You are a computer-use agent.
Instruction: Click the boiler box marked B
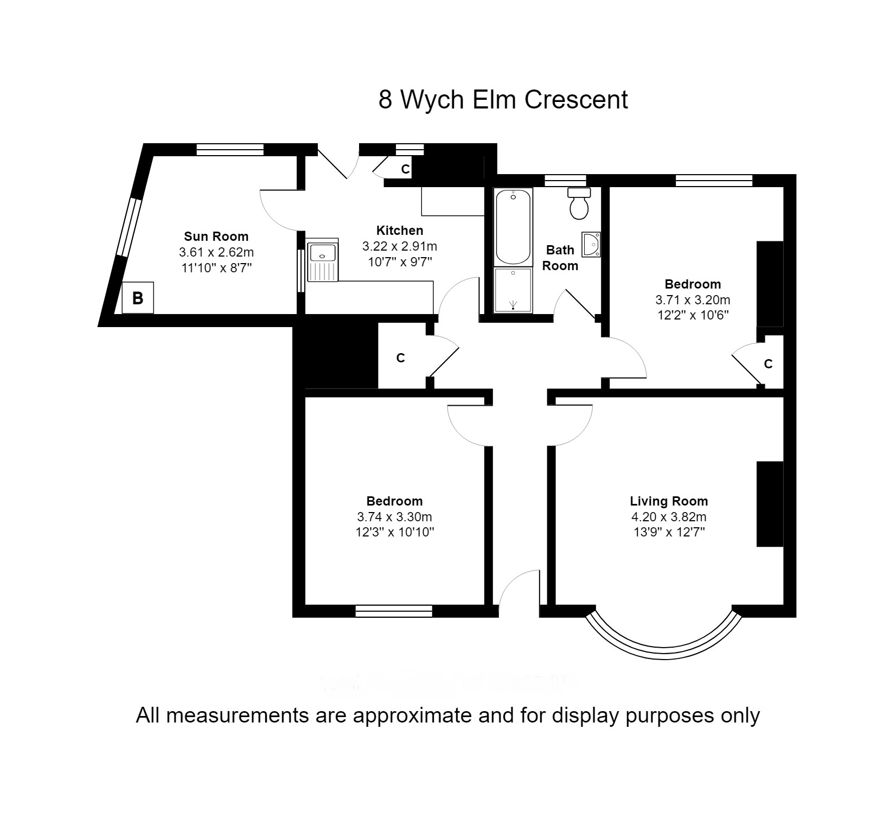[138, 298]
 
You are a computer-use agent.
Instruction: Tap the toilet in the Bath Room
[579, 204]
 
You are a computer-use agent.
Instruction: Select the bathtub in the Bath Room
[513, 227]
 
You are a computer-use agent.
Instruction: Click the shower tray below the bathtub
[513, 290]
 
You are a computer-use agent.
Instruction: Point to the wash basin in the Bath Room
[591, 244]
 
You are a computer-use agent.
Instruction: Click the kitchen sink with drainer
[322, 261]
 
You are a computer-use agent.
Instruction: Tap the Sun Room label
[216, 236]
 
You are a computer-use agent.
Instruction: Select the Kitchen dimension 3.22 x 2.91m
[400, 246]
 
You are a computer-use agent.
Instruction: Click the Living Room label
[669, 501]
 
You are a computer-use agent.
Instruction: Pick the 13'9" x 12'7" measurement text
[669, 532]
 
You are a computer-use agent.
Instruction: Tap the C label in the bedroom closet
[768, 364]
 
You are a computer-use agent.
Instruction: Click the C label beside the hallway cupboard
[400, 358]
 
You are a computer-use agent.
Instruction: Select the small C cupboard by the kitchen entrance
[405, 169]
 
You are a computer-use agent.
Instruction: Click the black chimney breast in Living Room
[770, 504]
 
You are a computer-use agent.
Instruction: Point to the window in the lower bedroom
[394, 611]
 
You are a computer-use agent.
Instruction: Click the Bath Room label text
[560, 258]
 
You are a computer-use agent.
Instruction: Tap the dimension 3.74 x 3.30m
[394, 517]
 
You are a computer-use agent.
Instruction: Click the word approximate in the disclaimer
[412, 715]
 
